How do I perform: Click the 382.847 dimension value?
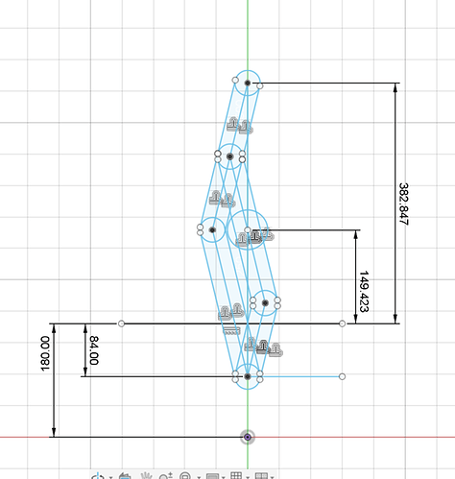[404, 204]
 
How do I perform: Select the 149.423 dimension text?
[364, 292]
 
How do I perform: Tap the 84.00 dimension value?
[94, 350]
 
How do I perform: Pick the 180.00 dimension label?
[45, 353]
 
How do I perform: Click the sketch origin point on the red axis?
[248, 437]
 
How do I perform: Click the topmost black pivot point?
[248, 83]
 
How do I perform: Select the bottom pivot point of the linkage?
[248, 376]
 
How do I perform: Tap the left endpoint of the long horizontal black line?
[121, 323]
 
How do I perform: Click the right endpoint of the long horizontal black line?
[342, 323]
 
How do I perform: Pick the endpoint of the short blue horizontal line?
[342, 376]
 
